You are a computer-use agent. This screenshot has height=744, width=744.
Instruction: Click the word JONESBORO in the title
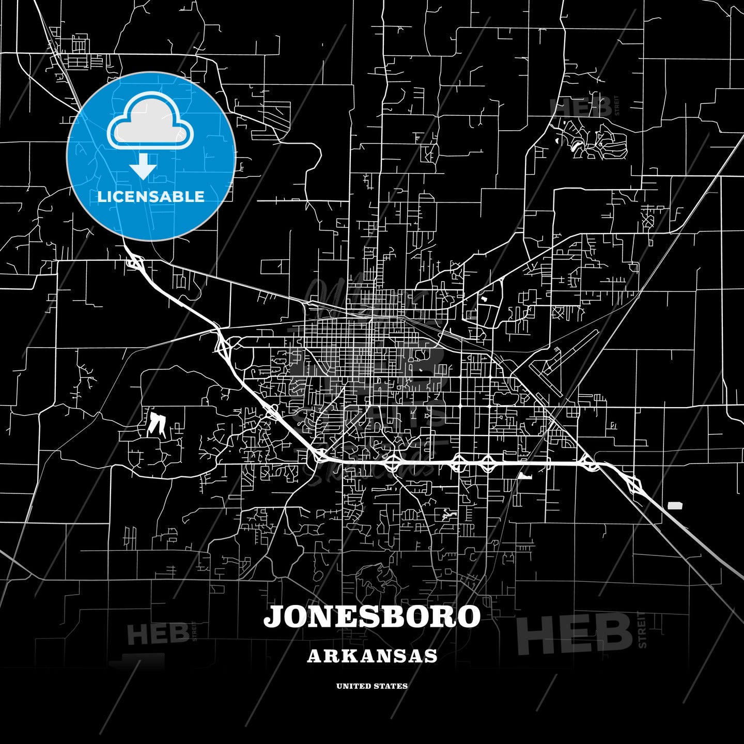click(372, 617)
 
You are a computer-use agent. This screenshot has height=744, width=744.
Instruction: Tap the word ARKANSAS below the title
click(372, 656)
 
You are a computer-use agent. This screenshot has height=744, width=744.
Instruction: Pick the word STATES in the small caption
click(391, 686)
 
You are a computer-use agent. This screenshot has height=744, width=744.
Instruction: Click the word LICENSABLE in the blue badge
click(151, 197)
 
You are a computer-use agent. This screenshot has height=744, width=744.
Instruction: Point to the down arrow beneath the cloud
click(143, 166)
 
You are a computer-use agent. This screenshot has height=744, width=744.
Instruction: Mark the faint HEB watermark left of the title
click(158, 634)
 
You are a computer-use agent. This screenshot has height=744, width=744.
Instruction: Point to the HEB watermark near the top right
click(581, 107)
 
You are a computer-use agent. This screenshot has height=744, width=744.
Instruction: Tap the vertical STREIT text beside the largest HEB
click(642, 629)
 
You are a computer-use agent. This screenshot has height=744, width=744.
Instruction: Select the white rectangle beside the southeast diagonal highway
click(675, 505)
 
